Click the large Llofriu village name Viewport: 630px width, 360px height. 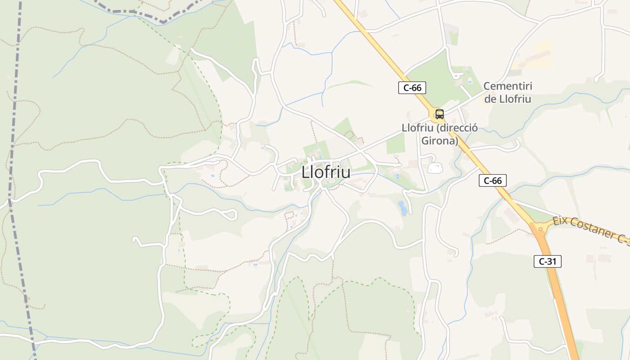coord(326,172)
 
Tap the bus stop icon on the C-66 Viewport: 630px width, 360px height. coord(439,114)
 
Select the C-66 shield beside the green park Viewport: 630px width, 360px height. coord(412,88)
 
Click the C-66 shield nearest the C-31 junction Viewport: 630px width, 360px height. coord(492,180)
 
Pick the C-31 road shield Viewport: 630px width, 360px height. coord(547,261)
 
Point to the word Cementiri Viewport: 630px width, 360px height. coord(508,86)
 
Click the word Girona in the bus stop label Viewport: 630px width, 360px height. coord(440,141)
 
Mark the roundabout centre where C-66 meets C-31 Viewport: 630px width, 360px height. coord(540,228)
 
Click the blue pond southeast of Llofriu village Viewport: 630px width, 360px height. coord(403,208)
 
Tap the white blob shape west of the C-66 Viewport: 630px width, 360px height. coord(435,168)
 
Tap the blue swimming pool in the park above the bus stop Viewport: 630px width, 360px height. coord(470,81)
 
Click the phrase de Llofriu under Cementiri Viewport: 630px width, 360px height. coord(508,99)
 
